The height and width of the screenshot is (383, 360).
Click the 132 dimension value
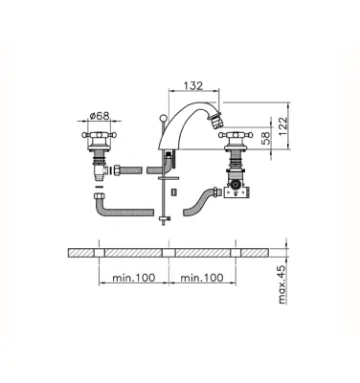coord(193,85)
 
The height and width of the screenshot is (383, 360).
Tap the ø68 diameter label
coord(100,115)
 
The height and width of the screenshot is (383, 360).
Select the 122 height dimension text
coord(282,126)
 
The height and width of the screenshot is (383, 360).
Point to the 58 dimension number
coord(265,138)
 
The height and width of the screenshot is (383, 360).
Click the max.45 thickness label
coord(281,284)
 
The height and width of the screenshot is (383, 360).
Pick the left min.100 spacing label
coord(134,278)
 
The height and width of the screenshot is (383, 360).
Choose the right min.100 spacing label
coord(202,278)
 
